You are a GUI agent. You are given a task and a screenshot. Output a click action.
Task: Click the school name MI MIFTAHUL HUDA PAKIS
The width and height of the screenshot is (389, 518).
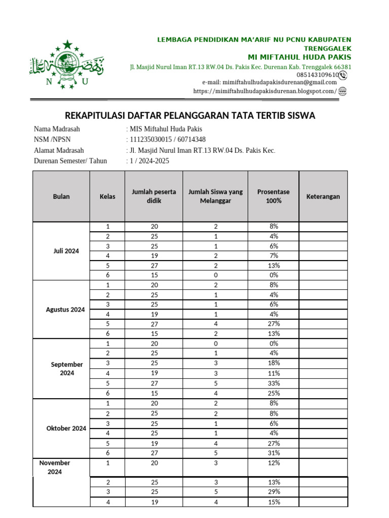[x=299, y=57]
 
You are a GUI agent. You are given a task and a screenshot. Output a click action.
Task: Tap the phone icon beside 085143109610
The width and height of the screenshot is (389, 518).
[x=343, y=75]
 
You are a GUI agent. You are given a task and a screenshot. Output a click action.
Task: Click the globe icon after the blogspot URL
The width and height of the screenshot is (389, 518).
[x=343, y=91]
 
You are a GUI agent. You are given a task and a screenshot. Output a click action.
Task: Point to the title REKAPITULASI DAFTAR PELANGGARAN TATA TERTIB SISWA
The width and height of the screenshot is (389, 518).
[x=190, y=116]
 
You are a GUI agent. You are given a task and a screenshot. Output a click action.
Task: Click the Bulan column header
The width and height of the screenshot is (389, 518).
[x=61, y=196]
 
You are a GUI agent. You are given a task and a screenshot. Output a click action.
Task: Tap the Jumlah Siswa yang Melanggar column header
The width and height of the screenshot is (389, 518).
[x=215, y=196]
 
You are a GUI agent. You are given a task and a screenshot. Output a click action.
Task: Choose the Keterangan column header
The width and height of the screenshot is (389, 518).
[x=323, y=196]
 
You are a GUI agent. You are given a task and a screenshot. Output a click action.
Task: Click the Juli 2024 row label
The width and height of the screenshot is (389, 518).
[x=66, y=251]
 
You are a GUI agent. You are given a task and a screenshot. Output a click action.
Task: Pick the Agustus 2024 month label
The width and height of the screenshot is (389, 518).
[x=65, y=310]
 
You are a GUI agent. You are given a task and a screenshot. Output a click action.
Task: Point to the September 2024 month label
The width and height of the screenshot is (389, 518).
[x=66, y=368]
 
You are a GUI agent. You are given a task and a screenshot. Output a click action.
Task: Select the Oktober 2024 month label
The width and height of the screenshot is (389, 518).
[x=66, y=428]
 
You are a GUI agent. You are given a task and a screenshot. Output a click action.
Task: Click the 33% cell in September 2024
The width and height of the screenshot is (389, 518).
[x=274, y=383]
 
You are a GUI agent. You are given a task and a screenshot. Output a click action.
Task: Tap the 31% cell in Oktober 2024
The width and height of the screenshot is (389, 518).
[x=274, y=453]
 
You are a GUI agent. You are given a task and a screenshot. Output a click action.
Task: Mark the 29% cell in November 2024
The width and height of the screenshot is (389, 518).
[x=274, y=492]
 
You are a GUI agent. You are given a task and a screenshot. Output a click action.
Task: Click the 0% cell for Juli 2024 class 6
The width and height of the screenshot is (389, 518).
[x=274, y=275]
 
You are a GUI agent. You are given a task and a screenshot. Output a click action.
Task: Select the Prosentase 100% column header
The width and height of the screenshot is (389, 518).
[x=274, y=196]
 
